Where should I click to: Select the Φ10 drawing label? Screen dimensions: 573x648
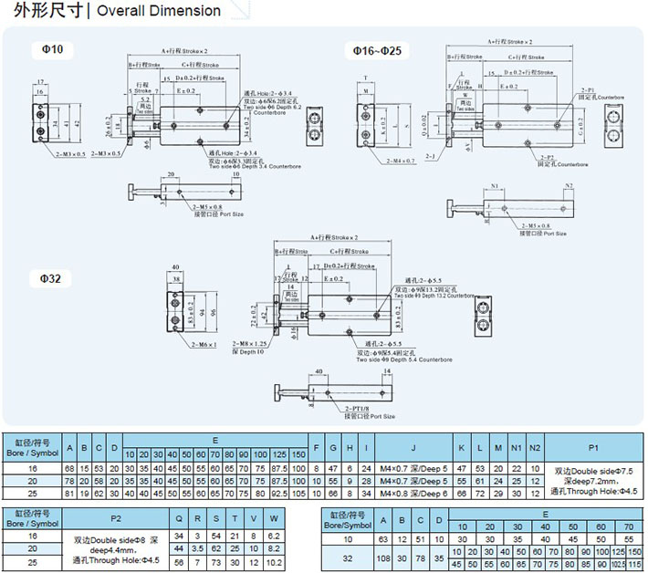pos(51,48)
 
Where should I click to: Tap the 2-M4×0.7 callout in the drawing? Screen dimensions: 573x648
pos(399,161)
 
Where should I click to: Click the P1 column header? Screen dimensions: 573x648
pos(593,446)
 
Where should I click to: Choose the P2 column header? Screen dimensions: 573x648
pos(116,518)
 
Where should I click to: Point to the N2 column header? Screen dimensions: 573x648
pos(535,446)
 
